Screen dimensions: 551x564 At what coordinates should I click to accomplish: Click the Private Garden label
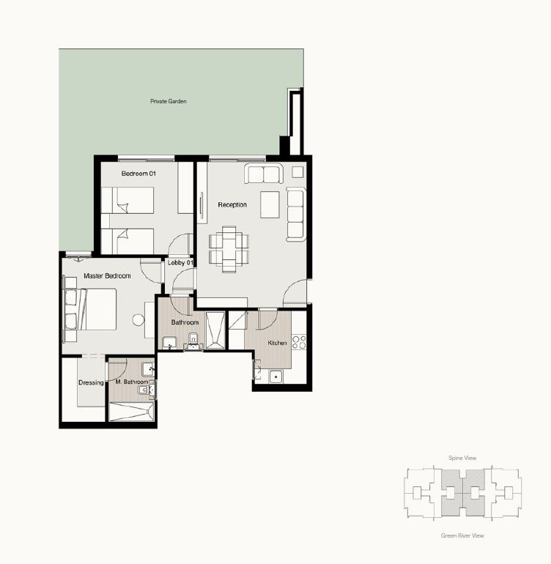click(x=169, y=101)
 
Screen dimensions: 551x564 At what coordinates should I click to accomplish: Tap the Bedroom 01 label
click(x=138, y=174)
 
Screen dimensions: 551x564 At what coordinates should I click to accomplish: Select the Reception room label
click(x=232, y=204)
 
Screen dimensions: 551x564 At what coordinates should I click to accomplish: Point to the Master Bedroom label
click(x=107, y=276)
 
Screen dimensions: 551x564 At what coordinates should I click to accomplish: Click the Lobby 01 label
click(x=180, y=262)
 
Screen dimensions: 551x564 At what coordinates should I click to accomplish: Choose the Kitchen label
click(x=277, y=343)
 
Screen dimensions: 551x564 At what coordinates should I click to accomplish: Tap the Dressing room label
click(x=91, y=382)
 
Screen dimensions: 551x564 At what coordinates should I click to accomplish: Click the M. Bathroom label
click(x=132, y=382)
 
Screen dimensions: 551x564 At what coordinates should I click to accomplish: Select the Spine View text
click(x=462, y=458)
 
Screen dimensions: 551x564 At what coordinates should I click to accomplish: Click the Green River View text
click(x=462, y=535)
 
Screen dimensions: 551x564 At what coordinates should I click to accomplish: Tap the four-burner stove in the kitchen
click(x=299, y=342)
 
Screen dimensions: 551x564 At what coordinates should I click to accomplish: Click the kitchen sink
click(x=275, y=376)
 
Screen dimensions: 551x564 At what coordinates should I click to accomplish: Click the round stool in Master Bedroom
click(x=138, y=319)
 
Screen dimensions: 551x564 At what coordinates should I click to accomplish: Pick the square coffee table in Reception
click(x=270, y=204)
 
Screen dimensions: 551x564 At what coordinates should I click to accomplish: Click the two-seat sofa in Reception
click(x=264, y=174)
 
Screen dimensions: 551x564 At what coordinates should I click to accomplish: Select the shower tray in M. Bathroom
click(x=131, y=412)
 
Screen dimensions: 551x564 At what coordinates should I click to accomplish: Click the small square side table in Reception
click(x=297, y=172)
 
